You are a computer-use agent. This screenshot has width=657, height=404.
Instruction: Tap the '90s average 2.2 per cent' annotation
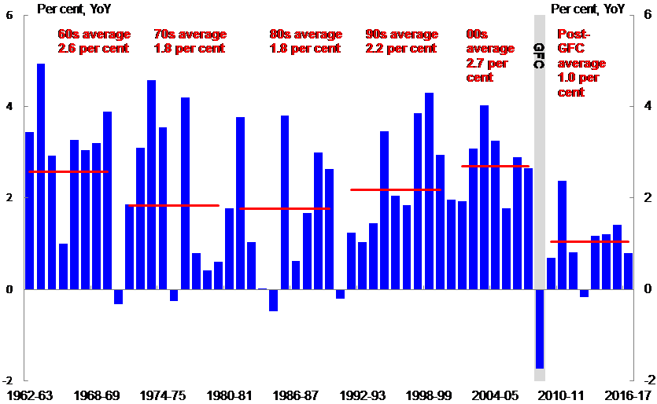tap(401, 41)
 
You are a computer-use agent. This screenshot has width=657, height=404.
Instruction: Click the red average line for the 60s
tap(68, 171)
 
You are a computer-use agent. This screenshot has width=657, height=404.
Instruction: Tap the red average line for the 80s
tap(285, 208)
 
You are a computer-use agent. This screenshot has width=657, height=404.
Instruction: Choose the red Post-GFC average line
tap(589, 241)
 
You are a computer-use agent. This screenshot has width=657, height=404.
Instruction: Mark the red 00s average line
tap(495, 166)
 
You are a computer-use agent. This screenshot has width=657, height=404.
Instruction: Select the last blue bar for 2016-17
tap(628, 271)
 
